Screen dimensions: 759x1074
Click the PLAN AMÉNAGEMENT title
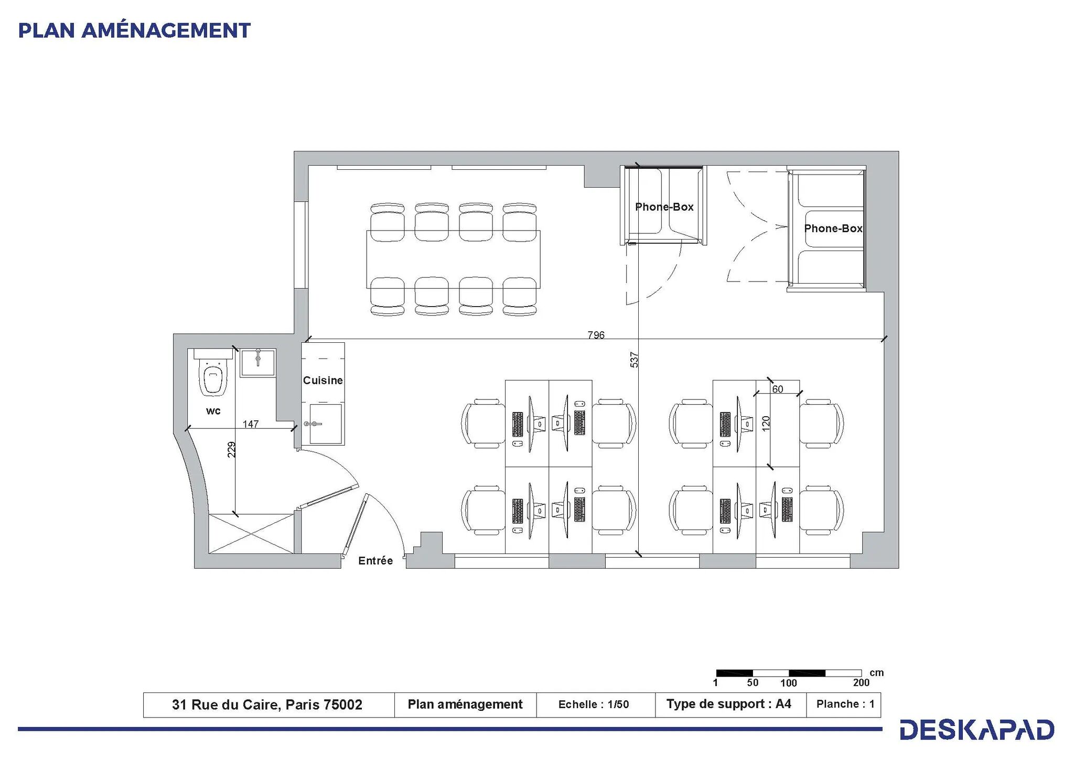click(134, 30)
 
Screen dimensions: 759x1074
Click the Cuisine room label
click(323, 380)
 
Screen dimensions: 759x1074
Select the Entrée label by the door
click(375, 560)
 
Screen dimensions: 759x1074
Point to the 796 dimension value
click(596, 334)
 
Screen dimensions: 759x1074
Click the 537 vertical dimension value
click(634, 360)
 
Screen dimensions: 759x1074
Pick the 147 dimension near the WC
click(250, 424)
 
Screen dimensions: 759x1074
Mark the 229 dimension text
click(231, 450)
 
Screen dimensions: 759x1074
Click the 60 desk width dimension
click(777, 389)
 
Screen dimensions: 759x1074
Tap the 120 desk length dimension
click(765, 423)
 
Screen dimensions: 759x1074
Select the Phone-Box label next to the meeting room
click(664, 207)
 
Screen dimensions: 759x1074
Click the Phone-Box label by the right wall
click(833, 229)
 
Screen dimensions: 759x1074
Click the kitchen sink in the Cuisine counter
click(325, 424)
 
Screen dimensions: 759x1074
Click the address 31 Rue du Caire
click(267, 704)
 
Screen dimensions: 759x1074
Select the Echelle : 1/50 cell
click(594, 704)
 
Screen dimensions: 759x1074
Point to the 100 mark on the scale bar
click(788, 682)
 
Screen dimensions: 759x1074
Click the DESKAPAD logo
click(976, 730)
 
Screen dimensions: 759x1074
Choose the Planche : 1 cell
click(845, 704)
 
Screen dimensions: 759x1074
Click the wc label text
click(213, 410)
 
